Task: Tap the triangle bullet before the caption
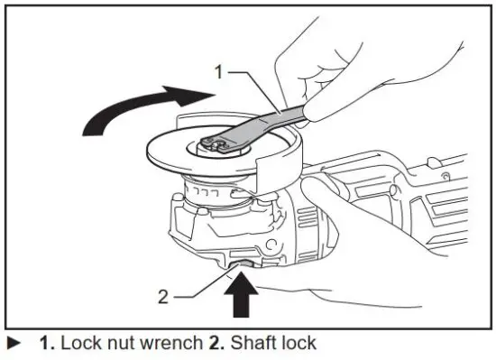click(12, 344)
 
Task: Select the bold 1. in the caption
click(45, 344)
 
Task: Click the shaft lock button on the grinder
click(243, 263)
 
